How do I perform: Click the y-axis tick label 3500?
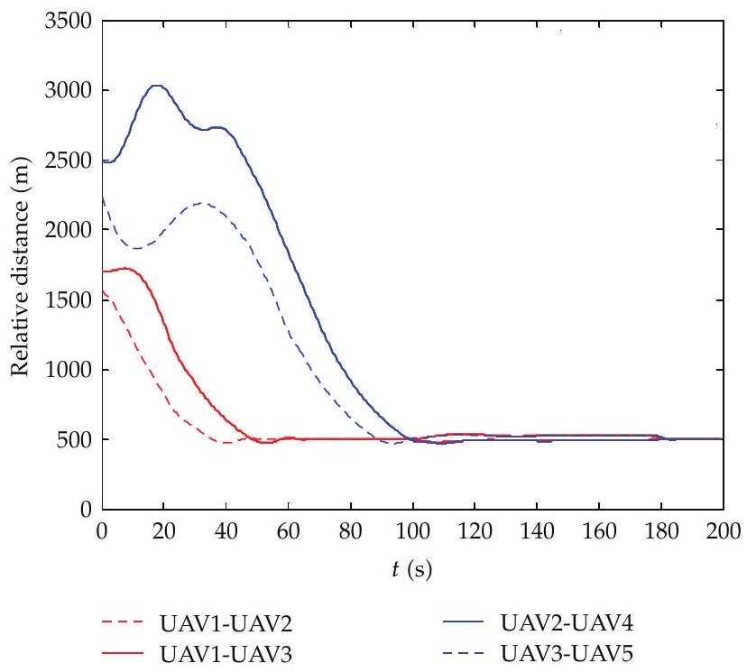68,21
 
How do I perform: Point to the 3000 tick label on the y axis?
68,90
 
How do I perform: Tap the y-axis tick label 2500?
68,160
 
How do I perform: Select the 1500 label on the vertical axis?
68,299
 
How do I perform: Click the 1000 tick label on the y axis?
68,369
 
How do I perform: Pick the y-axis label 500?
74,439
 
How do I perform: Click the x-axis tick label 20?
164,530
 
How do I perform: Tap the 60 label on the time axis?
288,530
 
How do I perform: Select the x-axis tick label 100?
412,530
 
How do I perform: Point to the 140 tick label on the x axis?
537,530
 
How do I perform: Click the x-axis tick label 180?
661,530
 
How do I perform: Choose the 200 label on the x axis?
724,530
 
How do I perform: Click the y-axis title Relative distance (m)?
20,266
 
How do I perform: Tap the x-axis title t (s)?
412,569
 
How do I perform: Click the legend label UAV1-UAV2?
226,624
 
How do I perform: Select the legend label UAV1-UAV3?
226,655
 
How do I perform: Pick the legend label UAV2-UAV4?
567,622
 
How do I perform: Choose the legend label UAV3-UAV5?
567,654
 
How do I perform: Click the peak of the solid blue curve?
157,86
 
